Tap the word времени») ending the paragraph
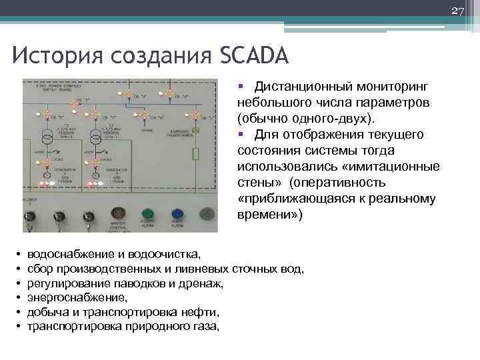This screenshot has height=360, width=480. pos(270,215)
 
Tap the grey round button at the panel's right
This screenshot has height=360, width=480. pos(207,214)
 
